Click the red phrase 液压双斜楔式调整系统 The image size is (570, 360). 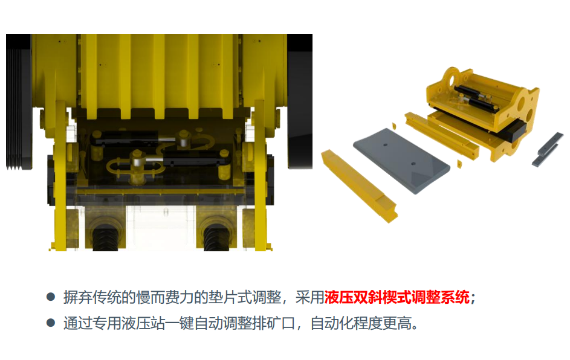point(397,298)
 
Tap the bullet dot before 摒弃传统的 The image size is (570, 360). point(51,297)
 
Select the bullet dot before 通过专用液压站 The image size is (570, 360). point(51,323)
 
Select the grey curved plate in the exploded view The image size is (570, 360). point(401,160)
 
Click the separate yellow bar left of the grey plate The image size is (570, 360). point(359,185)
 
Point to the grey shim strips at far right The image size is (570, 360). point(548,149)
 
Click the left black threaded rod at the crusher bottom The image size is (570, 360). point(105,237)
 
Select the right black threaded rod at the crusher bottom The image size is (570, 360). point(216,237)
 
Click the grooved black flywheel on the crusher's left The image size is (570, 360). point(19,101)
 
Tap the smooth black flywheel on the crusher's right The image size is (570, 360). point(300,101)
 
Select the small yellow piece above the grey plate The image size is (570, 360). point(393,126)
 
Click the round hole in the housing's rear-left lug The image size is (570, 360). point(453,79)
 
